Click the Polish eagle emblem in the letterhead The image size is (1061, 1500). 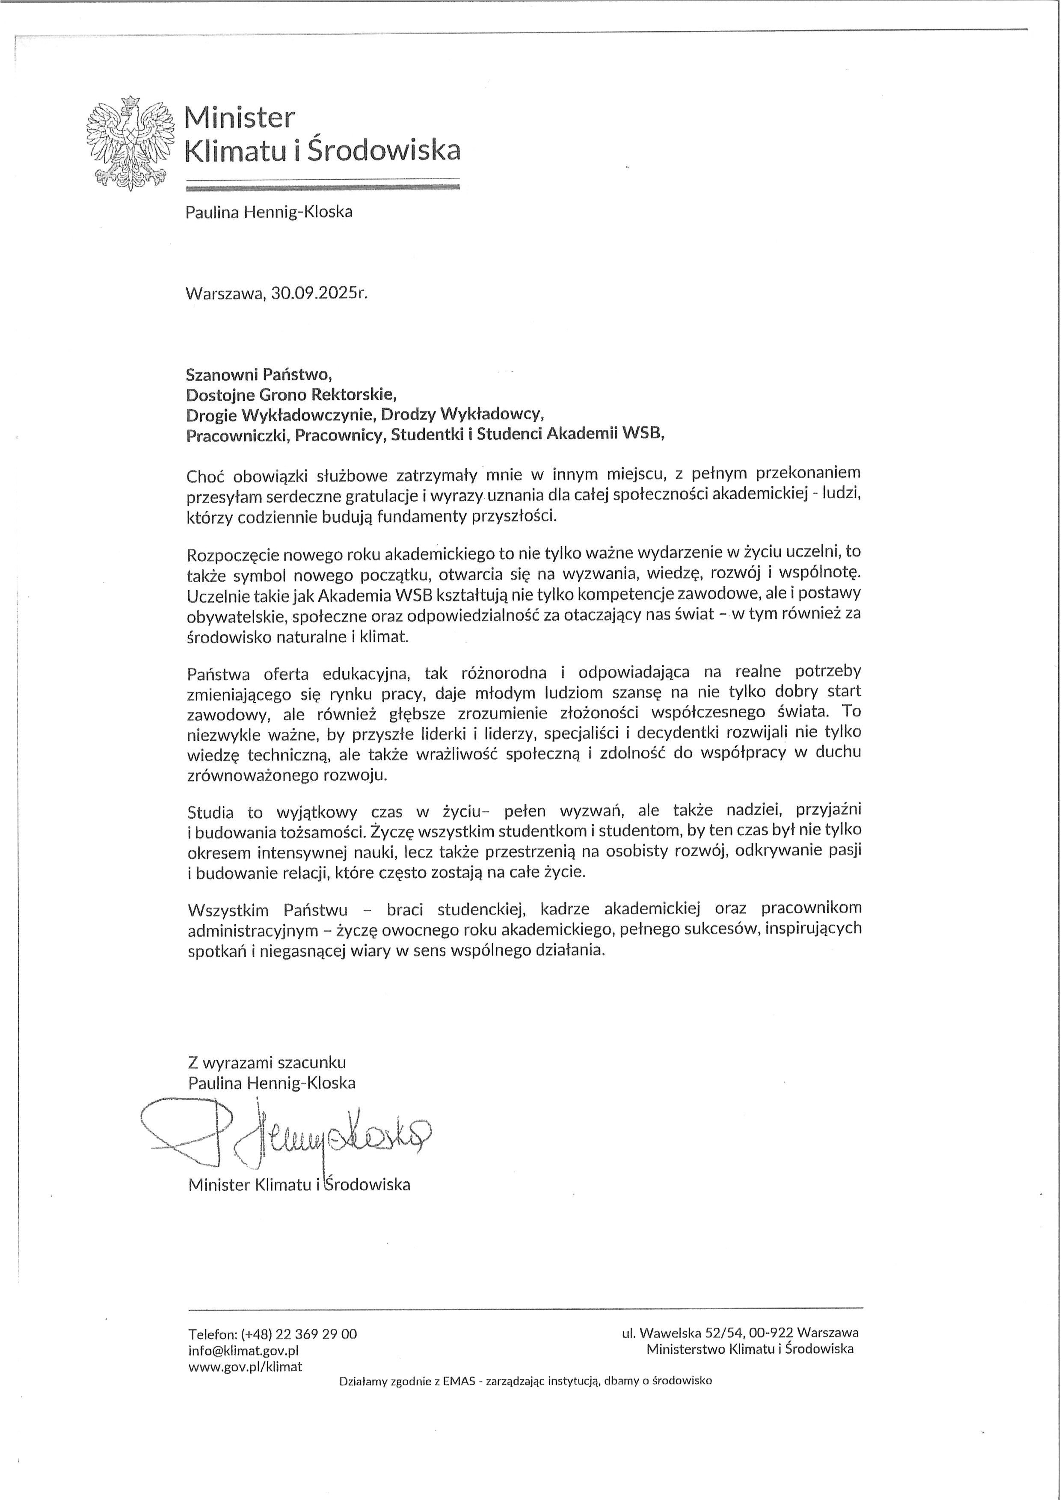[130, 143]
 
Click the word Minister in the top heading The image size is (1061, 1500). [239, 118]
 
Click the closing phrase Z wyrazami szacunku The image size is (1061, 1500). [267, 1063]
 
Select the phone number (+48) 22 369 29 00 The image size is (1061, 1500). [299, 1334]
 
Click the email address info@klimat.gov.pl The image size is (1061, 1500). [243, 1350]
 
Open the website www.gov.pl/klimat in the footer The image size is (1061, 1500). [245, 1366]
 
